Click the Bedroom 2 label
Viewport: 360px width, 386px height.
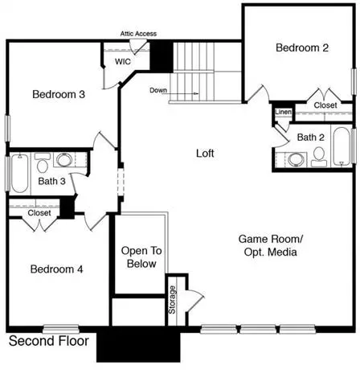coord(302,47)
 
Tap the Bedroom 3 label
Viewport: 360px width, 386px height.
coord(59,94)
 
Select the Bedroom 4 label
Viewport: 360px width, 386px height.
coord(56,269)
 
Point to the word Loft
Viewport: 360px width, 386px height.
coord(205,154)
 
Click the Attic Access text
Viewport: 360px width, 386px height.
coord(138,34)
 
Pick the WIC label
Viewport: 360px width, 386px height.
coord(123,62)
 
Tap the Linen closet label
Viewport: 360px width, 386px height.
coord(284,112)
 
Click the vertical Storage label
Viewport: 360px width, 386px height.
coord(172,300)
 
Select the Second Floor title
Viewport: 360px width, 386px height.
coord(49,341)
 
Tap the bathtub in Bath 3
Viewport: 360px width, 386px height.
coord(19,173)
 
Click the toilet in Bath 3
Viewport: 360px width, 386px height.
coord(43,163)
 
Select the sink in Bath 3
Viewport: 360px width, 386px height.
coord(63,160)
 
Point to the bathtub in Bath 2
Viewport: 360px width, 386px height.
coord(342,146)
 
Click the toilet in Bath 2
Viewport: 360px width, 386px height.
coord(319,157)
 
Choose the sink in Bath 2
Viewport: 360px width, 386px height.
coord(296,159)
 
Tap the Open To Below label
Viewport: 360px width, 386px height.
coord(141,257)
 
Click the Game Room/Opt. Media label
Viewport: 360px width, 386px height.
coord(271,245)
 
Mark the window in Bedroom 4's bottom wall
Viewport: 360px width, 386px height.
coord(61,329)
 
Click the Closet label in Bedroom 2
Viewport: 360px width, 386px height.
coord(325,105)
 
